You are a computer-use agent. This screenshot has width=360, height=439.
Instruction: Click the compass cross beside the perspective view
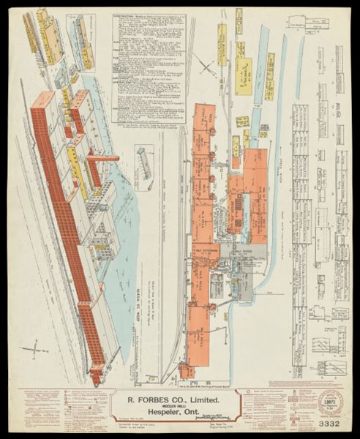(34, 350)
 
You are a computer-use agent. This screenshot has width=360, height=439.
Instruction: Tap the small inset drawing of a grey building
(144, 161)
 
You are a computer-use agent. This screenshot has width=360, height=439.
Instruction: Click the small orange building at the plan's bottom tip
(188, 369)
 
